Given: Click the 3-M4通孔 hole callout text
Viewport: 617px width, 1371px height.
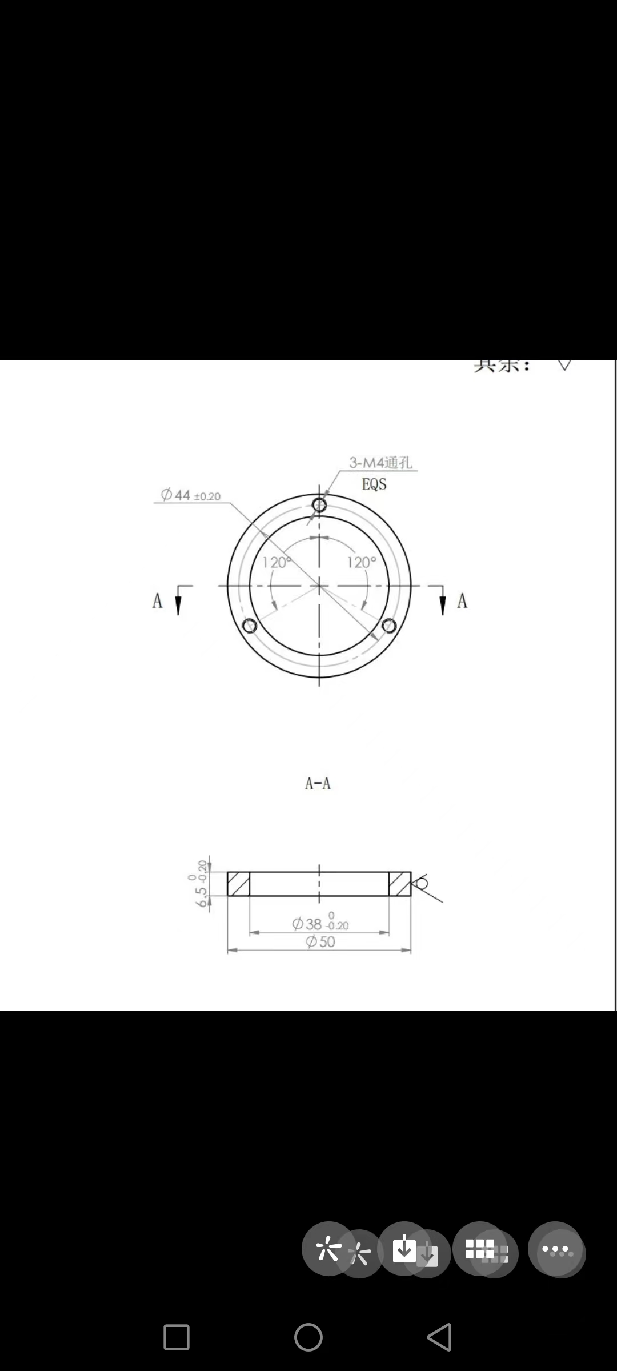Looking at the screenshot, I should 380,463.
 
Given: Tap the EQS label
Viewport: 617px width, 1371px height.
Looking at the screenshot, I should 374,484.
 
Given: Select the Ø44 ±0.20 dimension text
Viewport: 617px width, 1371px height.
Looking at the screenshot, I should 190,495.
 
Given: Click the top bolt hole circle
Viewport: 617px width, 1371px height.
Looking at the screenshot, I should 319,504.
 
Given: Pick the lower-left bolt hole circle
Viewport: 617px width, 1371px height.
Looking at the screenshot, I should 250,626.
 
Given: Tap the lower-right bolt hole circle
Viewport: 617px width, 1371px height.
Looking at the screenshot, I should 389,626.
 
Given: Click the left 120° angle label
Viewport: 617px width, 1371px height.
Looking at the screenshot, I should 277,563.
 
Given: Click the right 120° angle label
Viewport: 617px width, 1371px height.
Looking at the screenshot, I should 362,563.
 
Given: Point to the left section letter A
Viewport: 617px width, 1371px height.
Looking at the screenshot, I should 158,601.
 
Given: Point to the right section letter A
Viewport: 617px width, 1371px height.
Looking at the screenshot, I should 462,601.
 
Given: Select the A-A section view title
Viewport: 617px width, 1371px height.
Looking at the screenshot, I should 318,784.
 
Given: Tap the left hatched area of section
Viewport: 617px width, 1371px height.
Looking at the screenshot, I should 238,884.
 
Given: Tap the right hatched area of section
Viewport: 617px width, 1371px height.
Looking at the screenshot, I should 400,884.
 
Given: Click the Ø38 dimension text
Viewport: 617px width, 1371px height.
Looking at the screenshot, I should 320,924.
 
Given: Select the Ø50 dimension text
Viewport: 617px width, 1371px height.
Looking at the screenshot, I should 320,942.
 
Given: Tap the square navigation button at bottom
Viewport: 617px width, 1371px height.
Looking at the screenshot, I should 177,1337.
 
